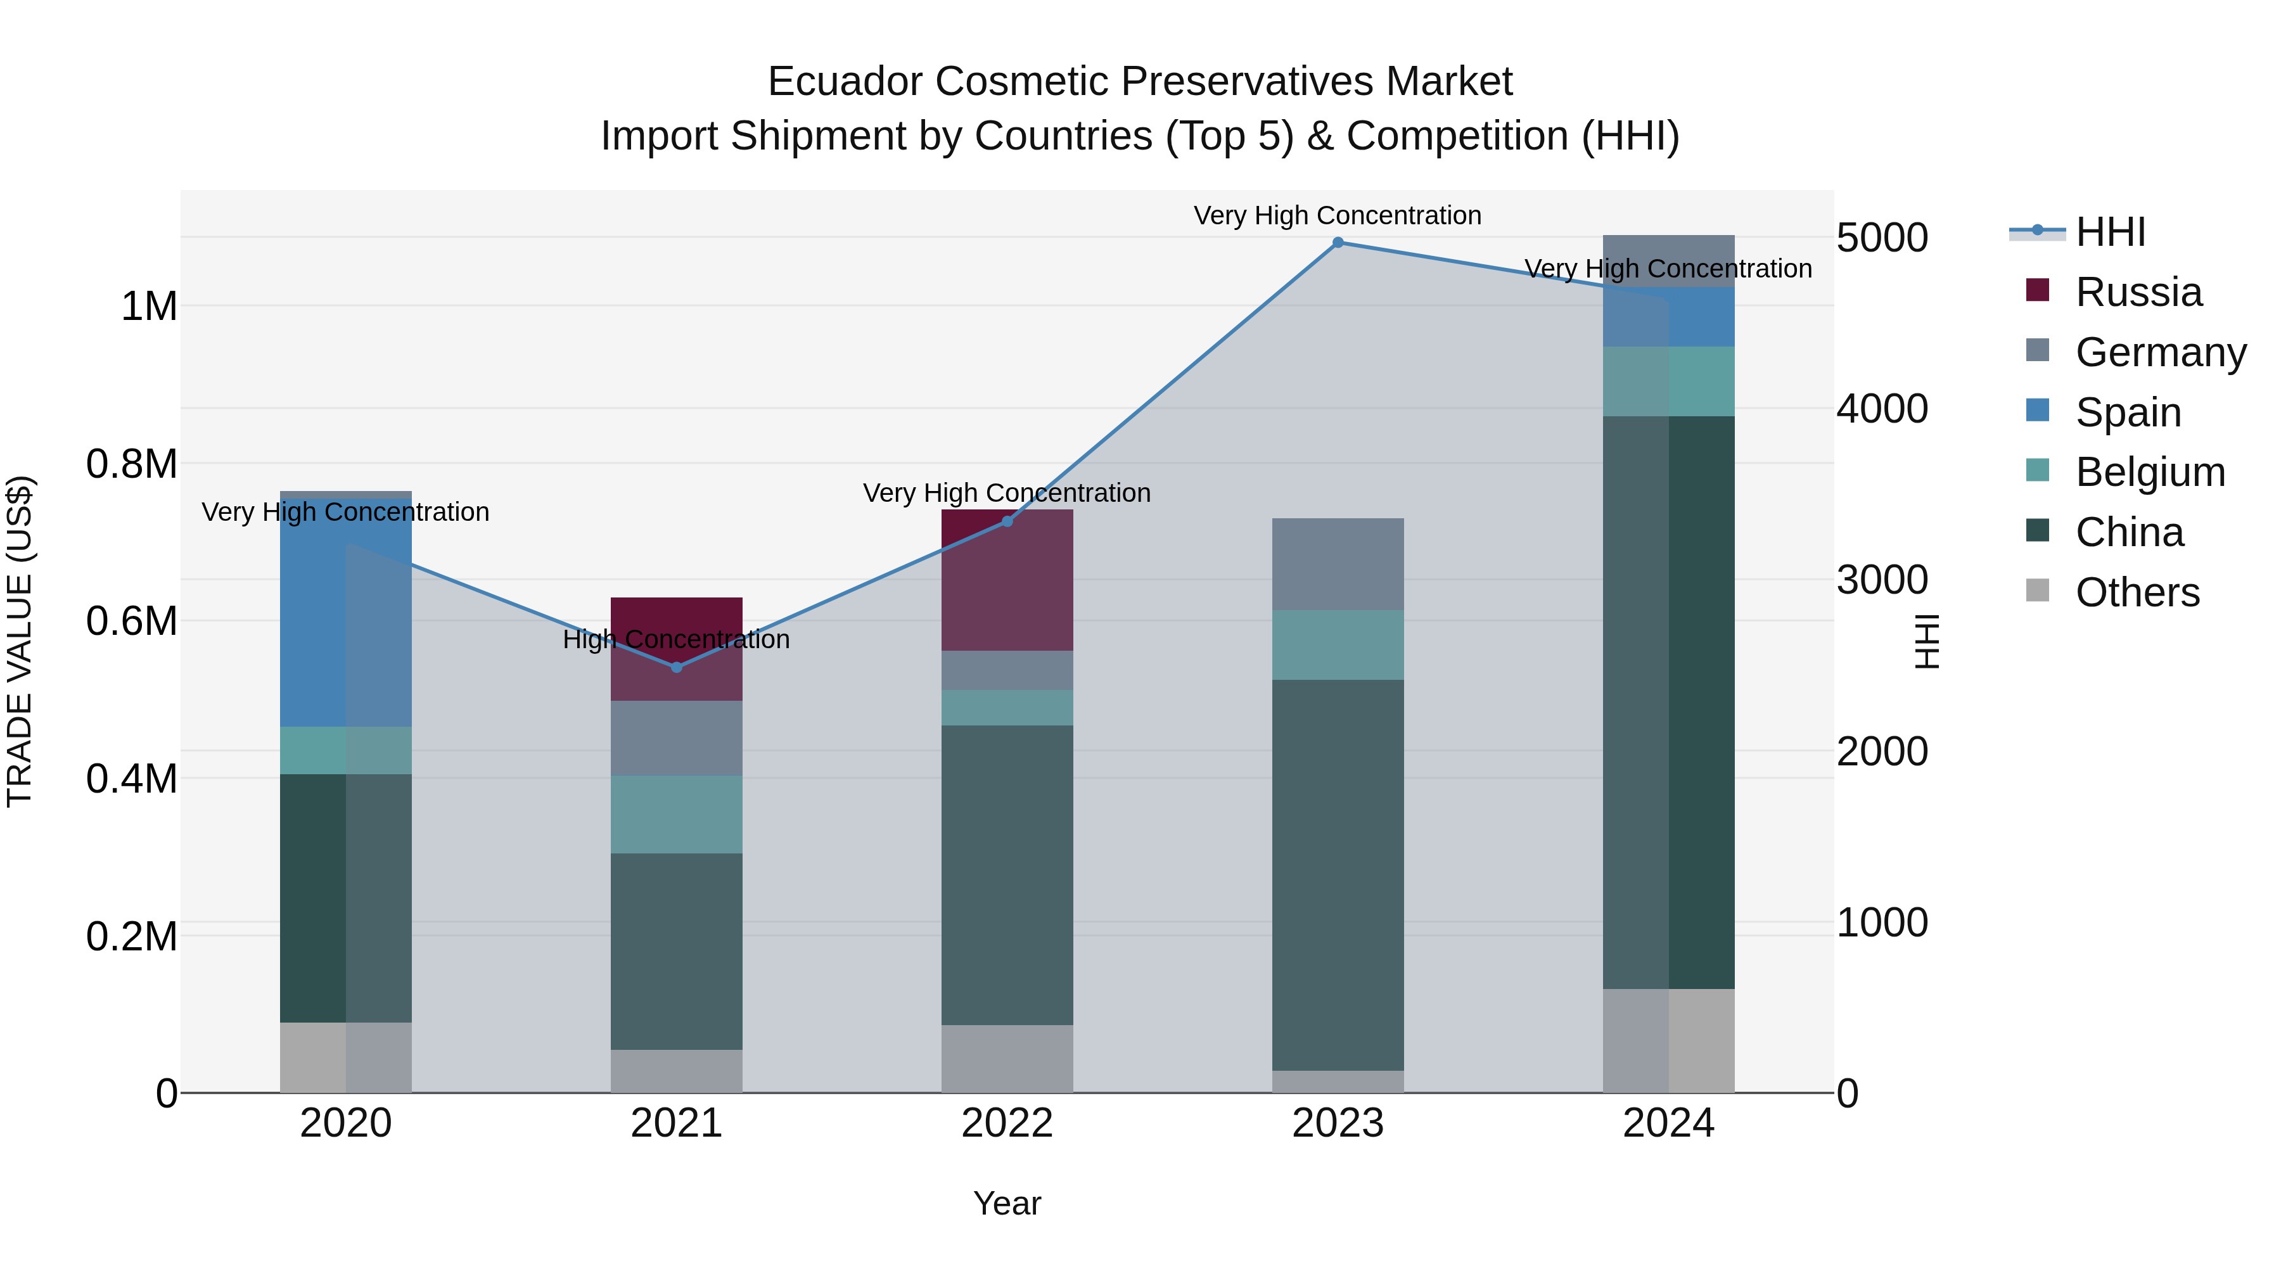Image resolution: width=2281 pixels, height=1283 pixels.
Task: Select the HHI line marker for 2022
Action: pyautogui.click(x=1007, y=521)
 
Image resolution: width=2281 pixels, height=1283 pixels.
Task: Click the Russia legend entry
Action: pyautogui.click(x=2138, y=292)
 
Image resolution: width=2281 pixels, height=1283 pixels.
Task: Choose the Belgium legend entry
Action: pyautogui.click(x=2149, y=472)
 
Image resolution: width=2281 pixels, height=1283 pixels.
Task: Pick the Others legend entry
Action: pyautogui.click(x=2137, y=592)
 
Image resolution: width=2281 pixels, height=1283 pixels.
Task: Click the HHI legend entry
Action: pyautogui.click(x=2109, y=232)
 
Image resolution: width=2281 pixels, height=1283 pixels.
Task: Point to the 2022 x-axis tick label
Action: pyautogui.click(x=1007, y=1123)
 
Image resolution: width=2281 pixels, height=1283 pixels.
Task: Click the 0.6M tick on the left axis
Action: pyautogui.click(x=131, y=621)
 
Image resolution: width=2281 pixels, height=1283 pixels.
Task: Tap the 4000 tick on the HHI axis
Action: pyautogui.click(x=1882, y=409)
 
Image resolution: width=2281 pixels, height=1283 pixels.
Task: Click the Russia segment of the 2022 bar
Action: pyautogui.click(x=1007, y=580)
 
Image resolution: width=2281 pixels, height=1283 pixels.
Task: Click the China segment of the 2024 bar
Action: pyautogui.click(x=1668, y=701)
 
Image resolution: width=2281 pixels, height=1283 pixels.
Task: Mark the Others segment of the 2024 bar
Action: pyautogui.click(x=1668, y=1040)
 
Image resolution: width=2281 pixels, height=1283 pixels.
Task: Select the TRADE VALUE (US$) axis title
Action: pyautogui.click(x=20, y=641)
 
